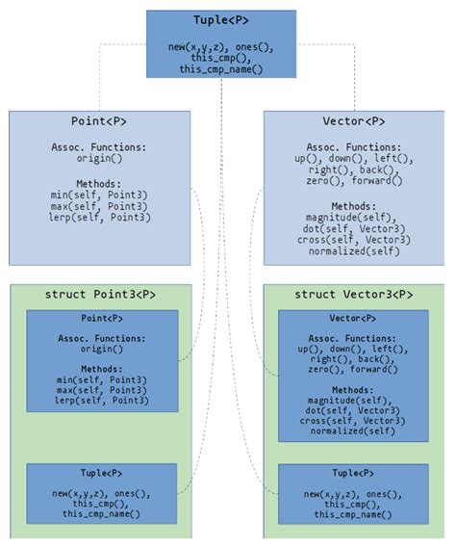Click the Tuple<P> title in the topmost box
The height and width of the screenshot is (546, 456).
click(x=220, y=19)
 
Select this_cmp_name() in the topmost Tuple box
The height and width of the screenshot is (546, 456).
click(x=220, y=69)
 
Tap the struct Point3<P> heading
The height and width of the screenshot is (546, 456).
click(x=99, y=294)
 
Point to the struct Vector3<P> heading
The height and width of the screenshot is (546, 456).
click(x=353, y=294)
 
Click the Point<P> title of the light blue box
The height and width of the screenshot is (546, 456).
click(x=99, y=121)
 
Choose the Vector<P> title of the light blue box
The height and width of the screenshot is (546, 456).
click(x=353, y=121)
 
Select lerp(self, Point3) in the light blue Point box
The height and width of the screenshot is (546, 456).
click(x=99, y=217)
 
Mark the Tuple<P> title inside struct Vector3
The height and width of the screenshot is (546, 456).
click(x=353, y=474)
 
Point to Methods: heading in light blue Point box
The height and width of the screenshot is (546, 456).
click(x=99, y=183)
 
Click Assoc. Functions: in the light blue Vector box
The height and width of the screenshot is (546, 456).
click(x=353, y=147)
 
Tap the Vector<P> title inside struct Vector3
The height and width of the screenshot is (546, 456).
click(x=353, y=317)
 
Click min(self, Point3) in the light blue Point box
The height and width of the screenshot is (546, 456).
click(x=99, y=195)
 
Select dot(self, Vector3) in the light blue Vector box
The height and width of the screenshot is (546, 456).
click(x=353, y=227)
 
